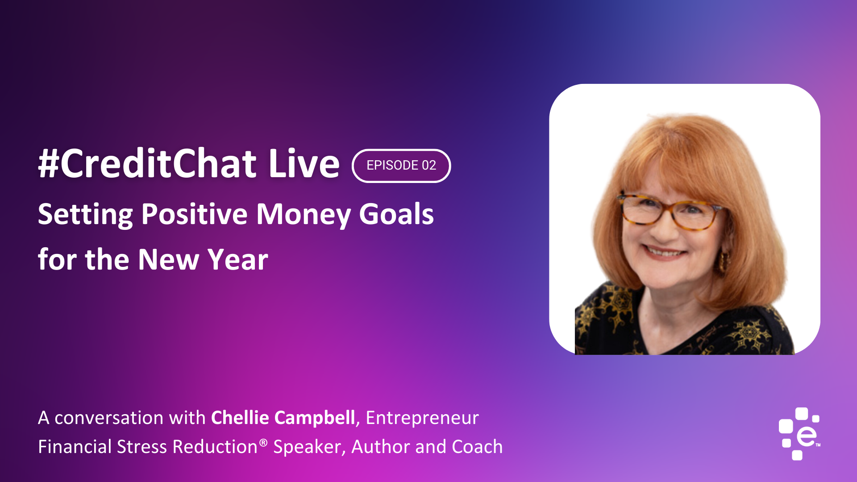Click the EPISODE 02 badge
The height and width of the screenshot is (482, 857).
(x=401, y=166)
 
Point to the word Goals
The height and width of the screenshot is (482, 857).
(x=396, y=214)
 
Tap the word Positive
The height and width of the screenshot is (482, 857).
(x=194, y=214)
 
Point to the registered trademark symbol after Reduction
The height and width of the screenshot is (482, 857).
(x=263, y=442)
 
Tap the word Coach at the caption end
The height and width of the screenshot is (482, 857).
(x=477, y=447)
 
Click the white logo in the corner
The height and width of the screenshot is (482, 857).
(x=799, y=433)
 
